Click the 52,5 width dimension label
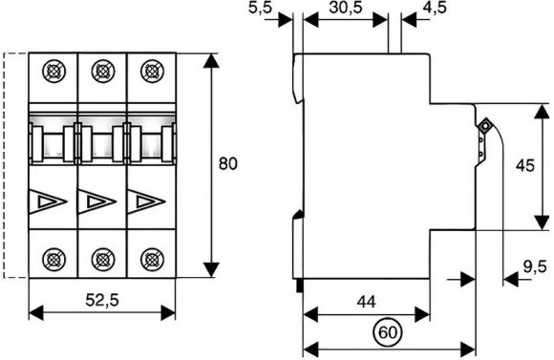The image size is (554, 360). point(102,300)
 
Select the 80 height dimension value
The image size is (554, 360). point(228,164)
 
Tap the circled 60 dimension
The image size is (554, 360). point(388,332)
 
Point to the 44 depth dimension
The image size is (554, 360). point(367,302)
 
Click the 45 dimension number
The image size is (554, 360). point(525,165)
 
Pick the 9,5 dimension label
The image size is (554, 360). point(535,266)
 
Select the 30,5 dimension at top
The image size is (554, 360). point(346,8)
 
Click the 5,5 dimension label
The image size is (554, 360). point(261,8)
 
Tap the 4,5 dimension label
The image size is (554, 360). point(435,8)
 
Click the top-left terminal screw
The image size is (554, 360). point(53,72)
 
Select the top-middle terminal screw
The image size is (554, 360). point(103,72)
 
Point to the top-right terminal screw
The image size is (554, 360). point(152,72)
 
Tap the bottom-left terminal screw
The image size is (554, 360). point(53,260)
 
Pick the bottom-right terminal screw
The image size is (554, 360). point(152,260)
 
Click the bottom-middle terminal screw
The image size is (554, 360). point(103,260)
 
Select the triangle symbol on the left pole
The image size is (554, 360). point(48,201)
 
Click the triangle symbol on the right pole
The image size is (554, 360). point(146,201)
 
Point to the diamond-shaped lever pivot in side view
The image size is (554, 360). point(485,125)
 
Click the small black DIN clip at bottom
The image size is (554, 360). point(300,286)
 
